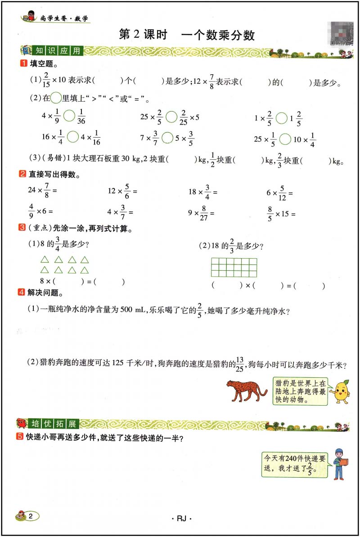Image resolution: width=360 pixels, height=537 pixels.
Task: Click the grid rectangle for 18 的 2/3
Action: tap(234, 267)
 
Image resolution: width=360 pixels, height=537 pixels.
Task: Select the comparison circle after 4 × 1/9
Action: tap(69, 116)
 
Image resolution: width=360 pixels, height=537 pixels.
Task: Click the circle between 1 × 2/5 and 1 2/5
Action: tap(281, 118)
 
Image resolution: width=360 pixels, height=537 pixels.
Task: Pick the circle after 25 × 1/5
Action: tap(285, 139)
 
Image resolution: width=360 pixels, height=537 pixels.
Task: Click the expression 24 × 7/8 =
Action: tap(43, 191)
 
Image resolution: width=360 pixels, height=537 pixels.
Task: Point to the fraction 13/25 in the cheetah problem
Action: tap(240, 363)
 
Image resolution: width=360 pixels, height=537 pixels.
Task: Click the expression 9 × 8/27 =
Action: tap(201, 212)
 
